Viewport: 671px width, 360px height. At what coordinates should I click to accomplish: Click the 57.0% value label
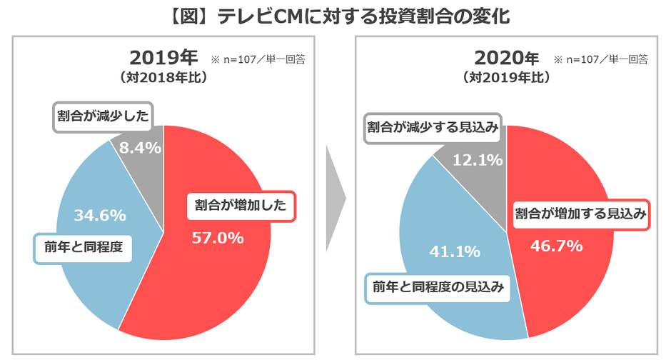click(218, 238)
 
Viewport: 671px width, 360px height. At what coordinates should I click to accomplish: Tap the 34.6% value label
click(100, 214)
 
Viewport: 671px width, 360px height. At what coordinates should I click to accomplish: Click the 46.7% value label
click(557, 246)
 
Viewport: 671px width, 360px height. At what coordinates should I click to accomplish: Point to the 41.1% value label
click(454, 251)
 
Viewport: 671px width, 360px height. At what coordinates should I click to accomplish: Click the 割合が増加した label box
click(241, 206)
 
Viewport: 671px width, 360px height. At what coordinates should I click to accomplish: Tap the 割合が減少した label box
click(104, 116)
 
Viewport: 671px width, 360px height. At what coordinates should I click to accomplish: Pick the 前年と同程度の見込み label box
click(438, 288)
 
